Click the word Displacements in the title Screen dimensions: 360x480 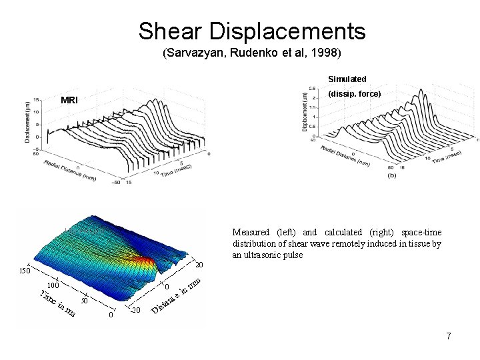coord(287,31)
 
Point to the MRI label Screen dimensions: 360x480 coord(69,100)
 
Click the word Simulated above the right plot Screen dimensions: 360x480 coord(347,79)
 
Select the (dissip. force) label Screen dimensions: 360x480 coord(355,95)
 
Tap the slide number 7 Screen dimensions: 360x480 coord(449,336)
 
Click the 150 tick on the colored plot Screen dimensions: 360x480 coord(25,271)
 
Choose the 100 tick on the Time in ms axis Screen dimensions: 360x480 coord(53,285)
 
